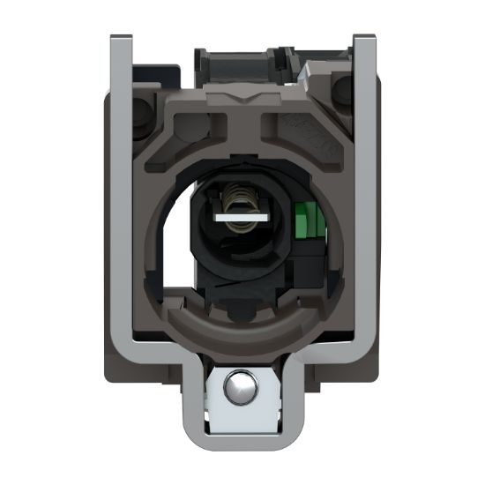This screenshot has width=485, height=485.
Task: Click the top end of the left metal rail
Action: (121, 40)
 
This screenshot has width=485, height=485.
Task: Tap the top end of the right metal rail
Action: (364, 40)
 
